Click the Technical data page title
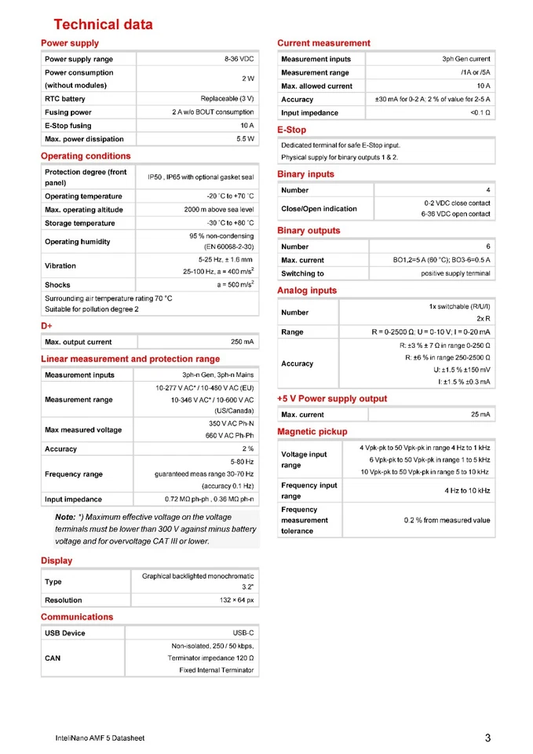pyautogui.click(x=103, y=24)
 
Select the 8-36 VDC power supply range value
pyautogui.click(x=239, y=59)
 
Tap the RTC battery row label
pyautogui.click(x=65, y=99)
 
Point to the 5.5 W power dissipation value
pyautogui.click(x=245, y=139)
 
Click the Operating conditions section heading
pyautogui.click(x=86, y=156)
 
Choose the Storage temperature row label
pyautogui.click(x=80, y=223)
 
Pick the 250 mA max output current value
pyautogui.click(x=242, y=342)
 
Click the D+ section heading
pyautogui.click(x=46, y=325)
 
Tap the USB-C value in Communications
pyautogui.click(x=243, y=633)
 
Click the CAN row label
pyautogui.click(x=53, y=658)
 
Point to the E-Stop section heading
pyautogui.click(x=292, y=130)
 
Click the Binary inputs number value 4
pyautogui.click(x=487, y=190)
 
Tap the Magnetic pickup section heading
pyautogui.click(x=312, y=431)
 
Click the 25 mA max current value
pyautogui.click(x=480, y=414)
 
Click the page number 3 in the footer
pyautogui.click(x=487, y=738)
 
